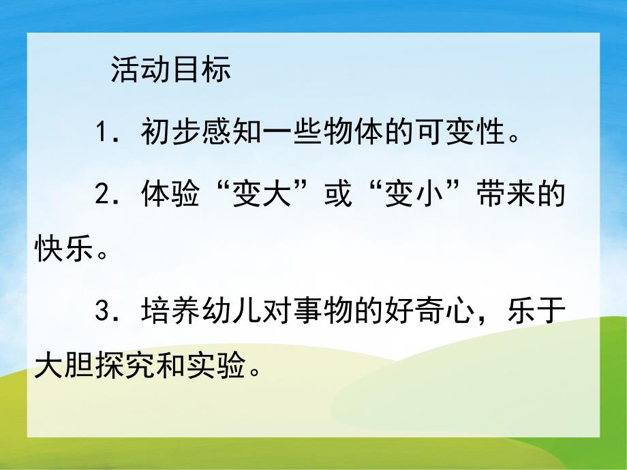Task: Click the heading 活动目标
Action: (170, 72)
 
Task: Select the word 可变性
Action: (470, 131)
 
